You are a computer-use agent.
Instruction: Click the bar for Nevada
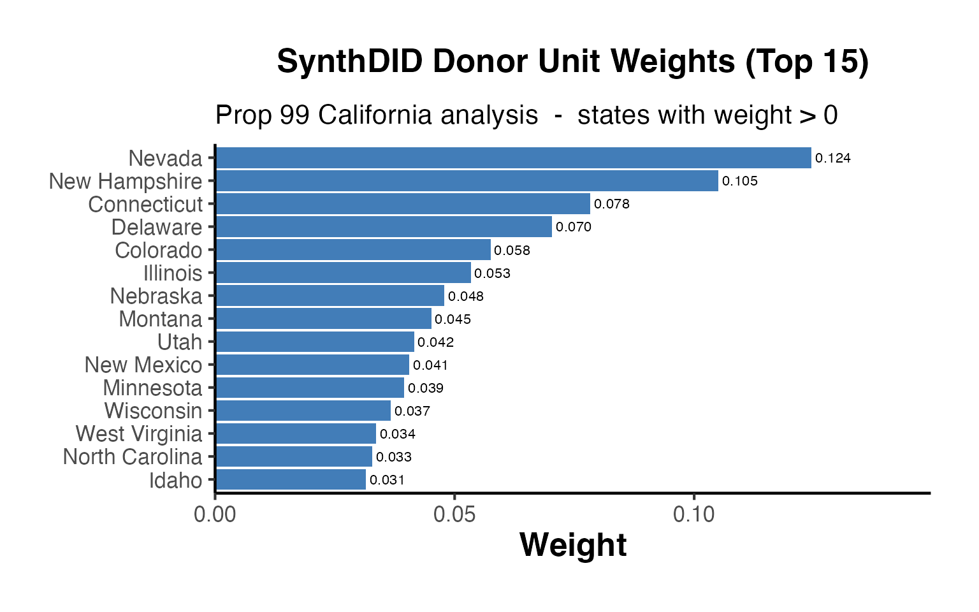[x=513, y=158]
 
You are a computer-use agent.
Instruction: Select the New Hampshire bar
[x=467, y=181]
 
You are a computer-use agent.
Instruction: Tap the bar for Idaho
[x=291, y=479]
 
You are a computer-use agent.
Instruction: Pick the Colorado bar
[x=353, y=250]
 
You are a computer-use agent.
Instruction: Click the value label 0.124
[x=833, y=158]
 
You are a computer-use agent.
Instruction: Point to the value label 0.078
[x=612, y=204]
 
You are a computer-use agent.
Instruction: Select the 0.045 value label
[x=453, y=319]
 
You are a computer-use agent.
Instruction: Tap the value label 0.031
[x=387, y=480]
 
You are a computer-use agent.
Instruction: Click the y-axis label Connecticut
[x=145, y=205]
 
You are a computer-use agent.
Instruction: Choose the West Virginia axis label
[x=139, y=434]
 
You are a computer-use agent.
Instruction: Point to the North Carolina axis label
[x=133, y=457]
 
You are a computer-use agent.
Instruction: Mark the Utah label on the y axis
[x=180, y=342]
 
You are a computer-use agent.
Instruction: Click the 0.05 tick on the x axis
[x=454, y=514]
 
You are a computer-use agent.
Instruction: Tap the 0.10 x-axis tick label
[x=693, y=514]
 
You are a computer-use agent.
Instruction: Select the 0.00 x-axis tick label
[x=215, y=514]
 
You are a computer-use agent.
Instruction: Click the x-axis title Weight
[x=573, y=546]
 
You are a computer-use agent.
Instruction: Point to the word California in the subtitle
[x=428, y=115]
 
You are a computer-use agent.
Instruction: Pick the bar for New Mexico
[x=312, y=365]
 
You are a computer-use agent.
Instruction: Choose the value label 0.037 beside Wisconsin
[x=412, y=411]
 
